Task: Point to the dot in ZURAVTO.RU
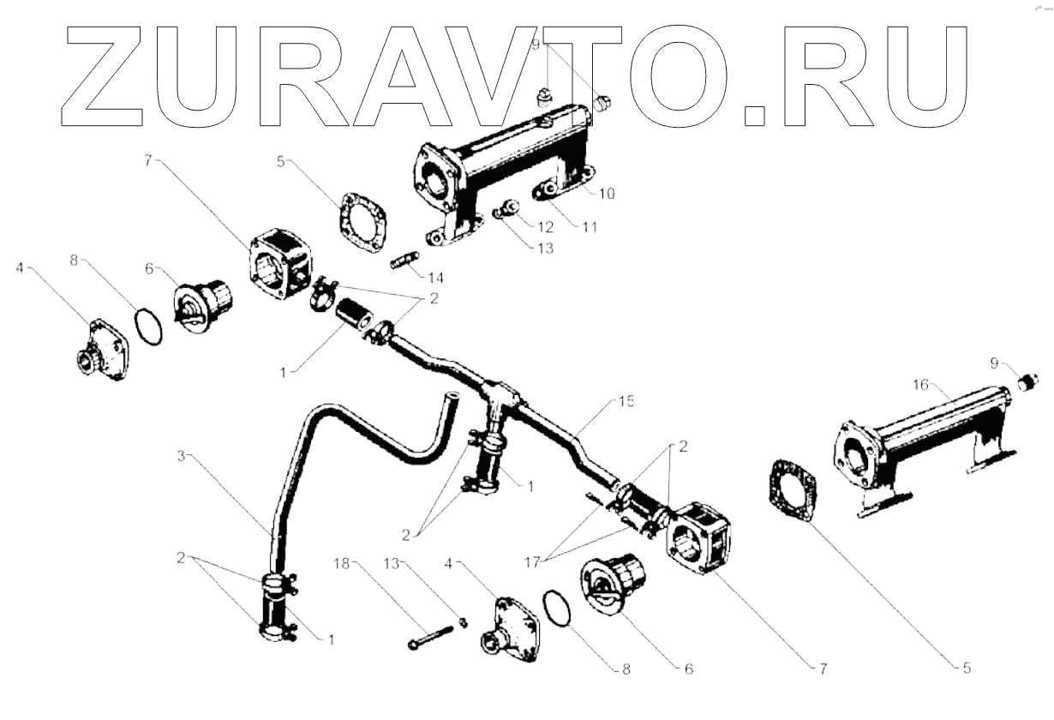pyautogui.click(x=754, y=115)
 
